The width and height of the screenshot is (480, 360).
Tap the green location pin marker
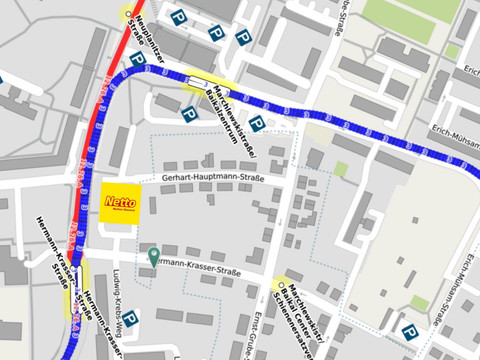pyautogui.click(x=153, y=256)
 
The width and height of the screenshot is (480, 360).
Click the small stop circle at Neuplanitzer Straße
pyautogui.click(x=127, y=14)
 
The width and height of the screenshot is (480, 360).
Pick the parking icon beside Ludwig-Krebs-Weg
pyautogui.click(x=130, y=318)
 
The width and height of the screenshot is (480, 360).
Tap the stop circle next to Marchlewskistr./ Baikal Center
pyautogui.click(x=279, y=285)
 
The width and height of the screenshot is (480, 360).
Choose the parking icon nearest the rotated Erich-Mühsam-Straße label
pyautogui.click(x=408, y=332)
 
